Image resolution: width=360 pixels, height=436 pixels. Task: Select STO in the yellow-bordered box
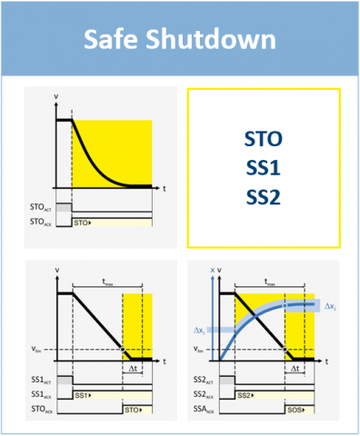264,139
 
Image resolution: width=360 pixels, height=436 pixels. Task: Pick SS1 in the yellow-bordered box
264,168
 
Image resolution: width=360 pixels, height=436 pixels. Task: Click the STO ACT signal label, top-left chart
42,208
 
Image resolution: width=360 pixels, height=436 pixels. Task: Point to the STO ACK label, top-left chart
42,221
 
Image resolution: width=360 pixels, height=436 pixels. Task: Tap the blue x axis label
211,271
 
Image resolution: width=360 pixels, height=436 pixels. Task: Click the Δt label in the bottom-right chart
295,371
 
